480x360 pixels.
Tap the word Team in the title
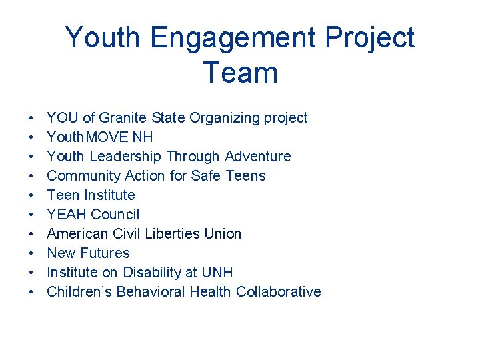(240, 72)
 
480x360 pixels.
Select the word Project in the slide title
(370, 39)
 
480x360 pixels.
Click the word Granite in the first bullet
(123, 118)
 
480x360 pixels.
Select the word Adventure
(258, 157)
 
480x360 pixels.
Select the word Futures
(105, 253)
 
